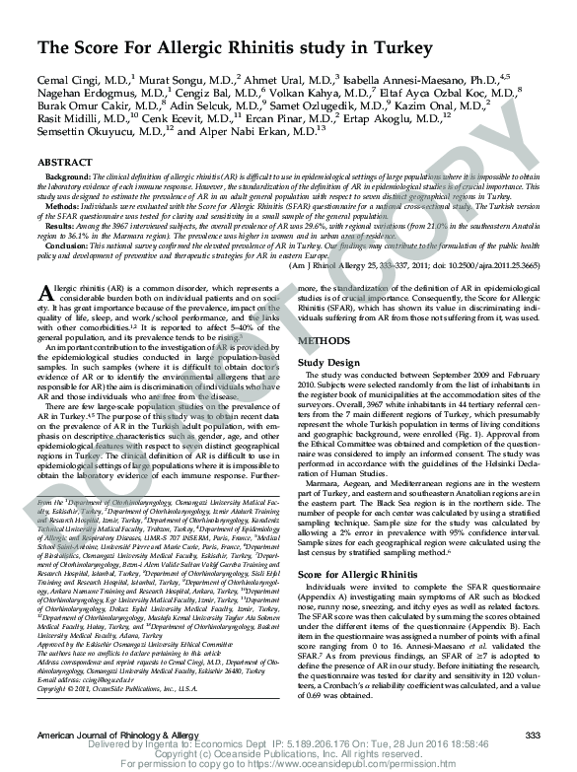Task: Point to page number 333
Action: pyautogui.click(x=533, y=737)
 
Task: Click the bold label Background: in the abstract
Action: pyautogui.click(x=67, y=175)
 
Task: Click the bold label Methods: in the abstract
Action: pyautogui.click(x=62, y=209)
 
